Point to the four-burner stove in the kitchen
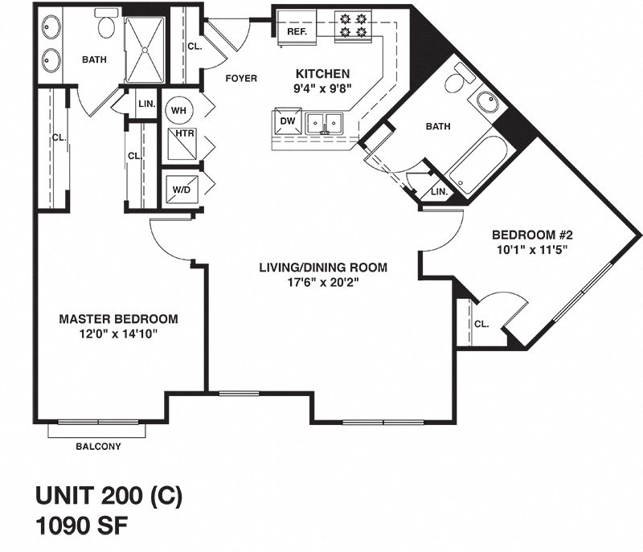pyautogui.click(x=350, y=24)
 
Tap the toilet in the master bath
pyautogui.click(x=107, y=26)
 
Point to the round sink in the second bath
pyautogui.click(x=487, y=103)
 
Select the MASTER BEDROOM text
pyautogui.click(x=118, y=319)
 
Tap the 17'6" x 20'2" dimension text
pyautogui.click(x=323, y=282)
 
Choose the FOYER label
pyautogui.click(x=241, y=78)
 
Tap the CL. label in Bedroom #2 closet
pyautogui.click(x=481, y=325)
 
